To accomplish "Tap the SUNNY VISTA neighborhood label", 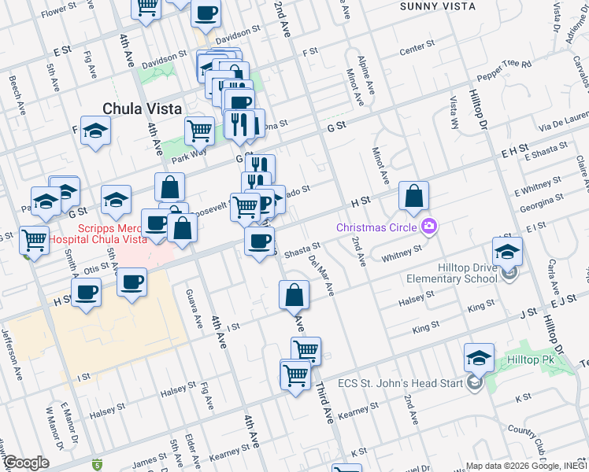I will [x=437, y=6].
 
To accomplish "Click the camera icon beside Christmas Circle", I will [x=429, y=227].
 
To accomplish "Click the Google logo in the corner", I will [x=27, y=463].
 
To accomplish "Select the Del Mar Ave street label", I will [x=322, y=275].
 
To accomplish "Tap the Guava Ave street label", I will [x=191, y=302].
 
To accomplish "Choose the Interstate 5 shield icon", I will [x=97, y=464].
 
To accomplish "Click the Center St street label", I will [x=417, y=52].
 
